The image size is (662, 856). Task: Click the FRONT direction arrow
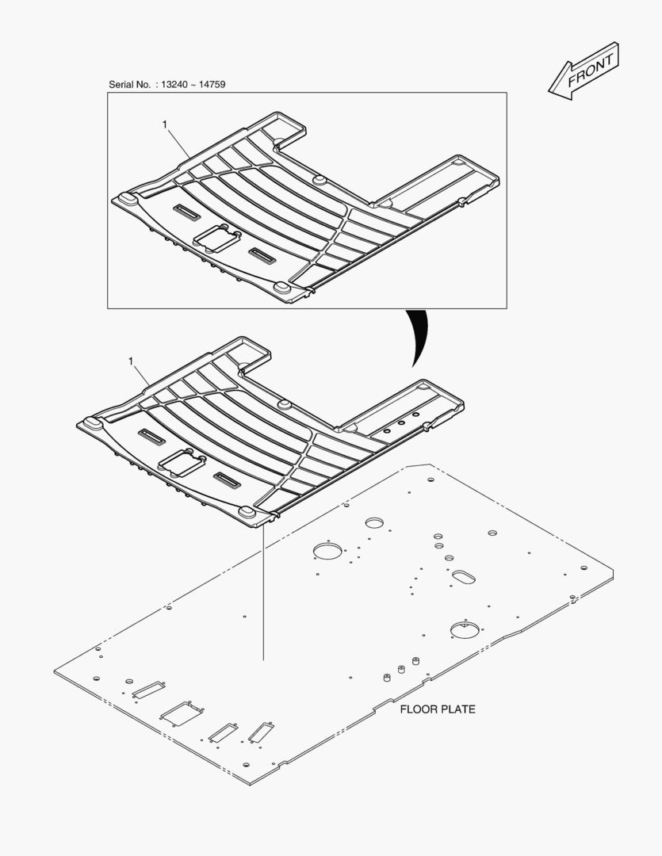[x=584, y=71]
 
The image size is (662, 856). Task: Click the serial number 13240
[x=174, y=85]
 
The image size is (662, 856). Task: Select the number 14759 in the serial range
[x=212, y=85]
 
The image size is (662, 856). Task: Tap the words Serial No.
[x=129, y=85]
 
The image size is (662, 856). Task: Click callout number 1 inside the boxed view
[x=164, y=125]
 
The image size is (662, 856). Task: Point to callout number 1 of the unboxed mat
[x=131, y=361]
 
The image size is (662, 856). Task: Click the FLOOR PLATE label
[x=438, y=709]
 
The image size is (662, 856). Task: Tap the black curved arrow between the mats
[x=419, y=338]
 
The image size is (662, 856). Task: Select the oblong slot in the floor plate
[x=463, y=577]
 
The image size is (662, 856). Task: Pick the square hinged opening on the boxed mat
[x=217, y=238]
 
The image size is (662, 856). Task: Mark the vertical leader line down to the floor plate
[x=263, y=590]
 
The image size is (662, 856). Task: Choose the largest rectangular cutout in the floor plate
[x=181, y=713]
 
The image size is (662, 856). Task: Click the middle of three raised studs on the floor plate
[x=401, y=670]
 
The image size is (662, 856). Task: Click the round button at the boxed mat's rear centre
[x=318, y=180]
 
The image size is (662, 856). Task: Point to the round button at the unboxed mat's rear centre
[x=284, y=404]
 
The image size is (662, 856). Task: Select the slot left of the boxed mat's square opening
[x=186, y=212]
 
